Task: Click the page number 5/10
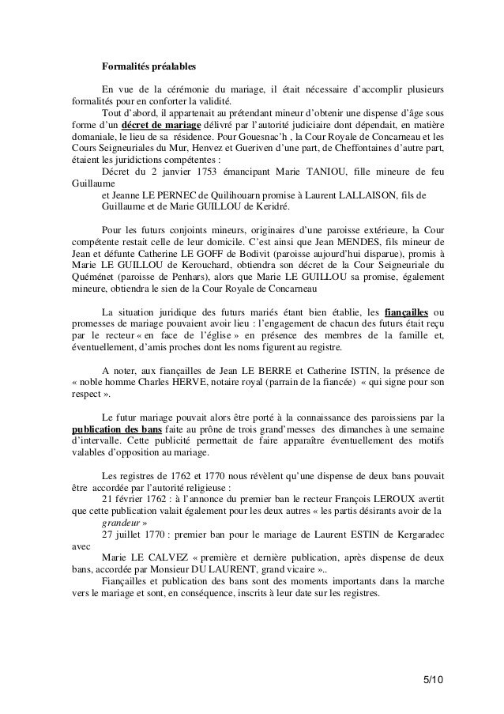(x=433, y=679)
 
